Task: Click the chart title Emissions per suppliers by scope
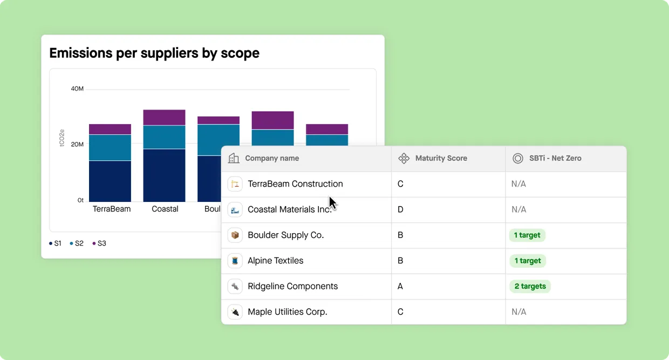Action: click(x=154, y=53)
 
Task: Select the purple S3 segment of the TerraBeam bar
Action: click(x=110, y=130)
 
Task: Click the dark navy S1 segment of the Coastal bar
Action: click(x=164, y=175)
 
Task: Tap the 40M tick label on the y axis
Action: click(x=77, y=89)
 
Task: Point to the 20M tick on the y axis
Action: click(x=77, y=145)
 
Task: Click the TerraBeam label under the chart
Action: click(x=112, y=209)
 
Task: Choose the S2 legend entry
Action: click(x=77, y=243)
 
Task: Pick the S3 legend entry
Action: click(x=99, y=243)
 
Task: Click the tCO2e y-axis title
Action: click(x=62, y=138)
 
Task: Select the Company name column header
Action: click(x=272, y=158)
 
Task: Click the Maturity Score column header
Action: click(x=441, y=158)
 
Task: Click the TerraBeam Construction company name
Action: click(x=295, y=184)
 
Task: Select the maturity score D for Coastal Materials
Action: click(x=400, y=209)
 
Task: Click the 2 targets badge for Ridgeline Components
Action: click(x=530, y=286)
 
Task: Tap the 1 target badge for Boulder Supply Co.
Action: click(x=527, y=235)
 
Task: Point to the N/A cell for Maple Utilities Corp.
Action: click(x=518, y=312)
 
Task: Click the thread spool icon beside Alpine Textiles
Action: click(x=235, y=261)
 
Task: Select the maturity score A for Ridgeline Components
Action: click(x=400, y=286)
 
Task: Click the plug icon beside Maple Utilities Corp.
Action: click(x=235, y=312)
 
